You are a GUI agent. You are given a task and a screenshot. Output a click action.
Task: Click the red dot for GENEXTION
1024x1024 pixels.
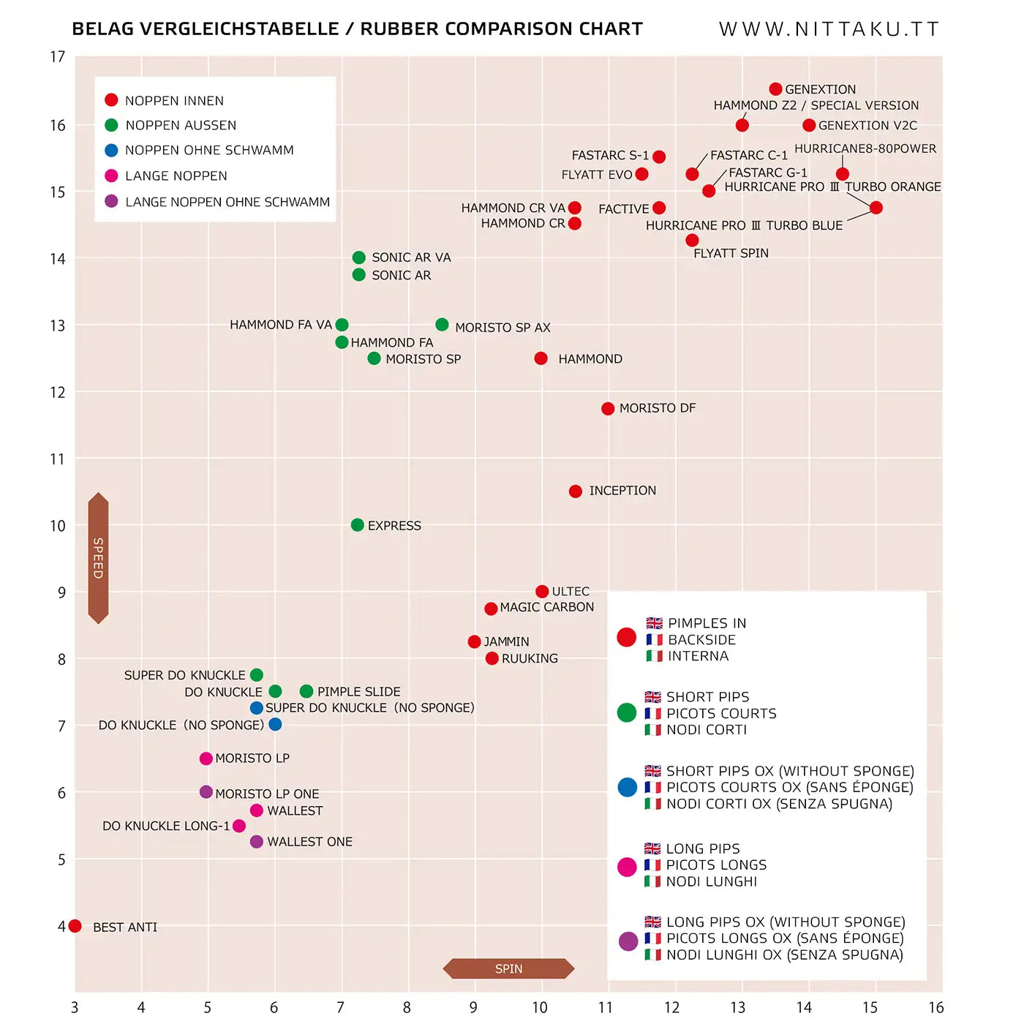tap(775, 89)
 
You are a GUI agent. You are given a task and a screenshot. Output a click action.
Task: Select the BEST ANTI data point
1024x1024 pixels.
tap(75, 926)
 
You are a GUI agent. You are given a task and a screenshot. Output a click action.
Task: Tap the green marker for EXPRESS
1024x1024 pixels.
tap(357, 525)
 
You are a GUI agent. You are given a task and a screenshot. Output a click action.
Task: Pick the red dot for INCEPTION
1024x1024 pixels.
tap(576, 491)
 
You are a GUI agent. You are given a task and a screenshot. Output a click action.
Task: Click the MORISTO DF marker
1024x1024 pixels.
tap(608, 408)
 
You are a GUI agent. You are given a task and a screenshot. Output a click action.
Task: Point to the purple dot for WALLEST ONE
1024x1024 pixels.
tap(256, 842)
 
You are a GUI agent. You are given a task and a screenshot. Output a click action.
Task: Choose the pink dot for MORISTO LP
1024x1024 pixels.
tap(206, 758)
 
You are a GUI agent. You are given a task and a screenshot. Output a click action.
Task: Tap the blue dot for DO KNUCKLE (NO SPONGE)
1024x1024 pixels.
tap(275, 724)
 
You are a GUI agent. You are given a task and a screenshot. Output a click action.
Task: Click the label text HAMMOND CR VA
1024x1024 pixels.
tap(513, 208)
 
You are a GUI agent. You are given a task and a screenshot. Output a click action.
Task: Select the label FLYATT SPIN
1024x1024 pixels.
tap(731, 253)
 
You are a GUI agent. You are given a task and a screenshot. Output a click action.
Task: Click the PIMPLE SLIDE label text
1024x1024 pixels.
tap(358, 692)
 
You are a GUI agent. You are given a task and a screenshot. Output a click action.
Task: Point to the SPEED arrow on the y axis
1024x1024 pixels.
tap(98, 558)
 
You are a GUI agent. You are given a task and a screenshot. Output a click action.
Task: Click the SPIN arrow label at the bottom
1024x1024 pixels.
tap(508, 968)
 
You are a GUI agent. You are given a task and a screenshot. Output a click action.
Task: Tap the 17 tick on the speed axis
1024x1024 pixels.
tap(58, 57)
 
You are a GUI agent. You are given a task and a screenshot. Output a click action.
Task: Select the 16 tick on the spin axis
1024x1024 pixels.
tap(936, 1007)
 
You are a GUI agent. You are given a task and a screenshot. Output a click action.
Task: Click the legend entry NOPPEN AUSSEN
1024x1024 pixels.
tap(181, 125)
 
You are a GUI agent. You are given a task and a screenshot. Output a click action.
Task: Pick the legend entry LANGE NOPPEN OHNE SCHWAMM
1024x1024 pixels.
tap(227, 202)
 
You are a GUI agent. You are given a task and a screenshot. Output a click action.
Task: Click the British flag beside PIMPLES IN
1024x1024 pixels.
tap(654, 623)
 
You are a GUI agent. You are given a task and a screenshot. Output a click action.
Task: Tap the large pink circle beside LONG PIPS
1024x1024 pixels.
tap(627, 867)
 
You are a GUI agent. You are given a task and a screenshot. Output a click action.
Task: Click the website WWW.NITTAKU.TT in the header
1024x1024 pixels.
tap(829, 29)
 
